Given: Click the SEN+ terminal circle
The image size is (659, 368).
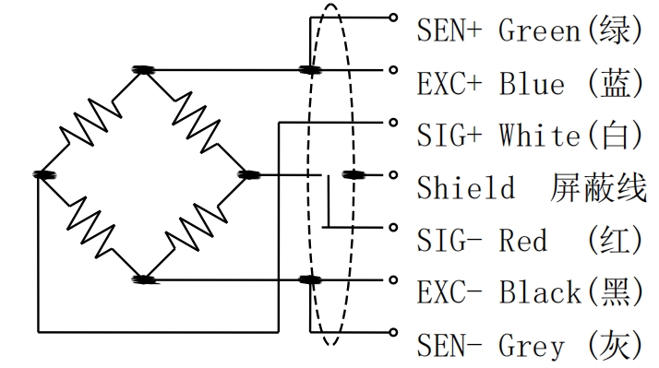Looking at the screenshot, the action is pyautogui.click(x=393, y=18).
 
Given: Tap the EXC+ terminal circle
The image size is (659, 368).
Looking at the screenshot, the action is pyautogui.click(x=393, y=70).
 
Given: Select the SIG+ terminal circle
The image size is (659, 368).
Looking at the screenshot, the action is pyautogui.click(x=393, y=123).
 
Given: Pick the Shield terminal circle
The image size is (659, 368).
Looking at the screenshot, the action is pyautogui.click(x=393, y=174).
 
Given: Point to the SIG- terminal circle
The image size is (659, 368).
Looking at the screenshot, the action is pyautogui.click(x=393, y=227).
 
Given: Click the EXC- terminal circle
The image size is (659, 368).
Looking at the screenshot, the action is pyautogui.click(x=393, y=279).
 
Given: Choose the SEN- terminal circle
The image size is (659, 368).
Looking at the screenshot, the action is pyautogui.click(x=393, y=332).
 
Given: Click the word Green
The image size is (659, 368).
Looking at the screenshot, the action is pyautogui.click(x=540, y=30).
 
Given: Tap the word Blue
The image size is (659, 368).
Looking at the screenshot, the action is pyautogui.click(x=532, y=83).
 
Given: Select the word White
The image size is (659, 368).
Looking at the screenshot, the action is pyautogui.click(x=540, y=136).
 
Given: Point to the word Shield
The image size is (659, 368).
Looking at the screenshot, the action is pyautogui.click(x=466, y=187).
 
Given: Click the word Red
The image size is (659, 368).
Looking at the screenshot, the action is pyautogui.click(x=523, y=241).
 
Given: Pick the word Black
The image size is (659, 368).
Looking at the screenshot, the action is pyautogui.click(x=540, y=292).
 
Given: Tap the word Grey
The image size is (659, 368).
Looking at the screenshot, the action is pyautogui.click(x=532, y=346).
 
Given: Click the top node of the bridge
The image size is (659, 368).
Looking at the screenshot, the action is pyautogui.click(x=143, y=70).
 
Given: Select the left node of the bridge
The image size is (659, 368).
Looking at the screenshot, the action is pyautogui.click(x=44, y=174).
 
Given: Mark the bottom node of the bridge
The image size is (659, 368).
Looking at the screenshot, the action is pyautogui.click(x=143, y=279).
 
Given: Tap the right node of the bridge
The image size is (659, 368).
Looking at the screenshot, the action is pyautogui.click(x=249, y=174).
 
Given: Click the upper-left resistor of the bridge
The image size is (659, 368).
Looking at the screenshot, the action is pyautogui.click(x=90, y=123).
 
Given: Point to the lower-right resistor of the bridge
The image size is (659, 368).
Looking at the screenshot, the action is pyautogui.click(x=197, y=227).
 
